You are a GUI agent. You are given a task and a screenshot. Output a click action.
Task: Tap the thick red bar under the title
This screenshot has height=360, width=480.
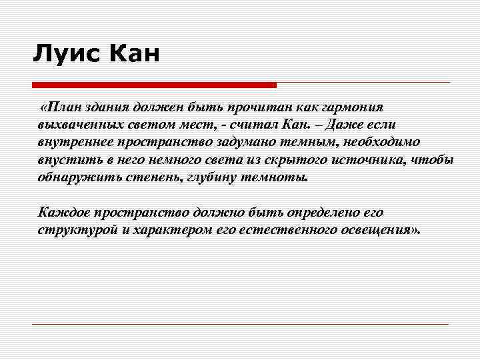click(x=154, y=85)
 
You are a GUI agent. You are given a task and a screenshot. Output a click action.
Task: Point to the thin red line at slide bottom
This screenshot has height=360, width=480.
click(x=240, y=325)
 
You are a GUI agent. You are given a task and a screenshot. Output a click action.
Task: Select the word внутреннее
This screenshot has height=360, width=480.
click(x=75, y=143)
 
